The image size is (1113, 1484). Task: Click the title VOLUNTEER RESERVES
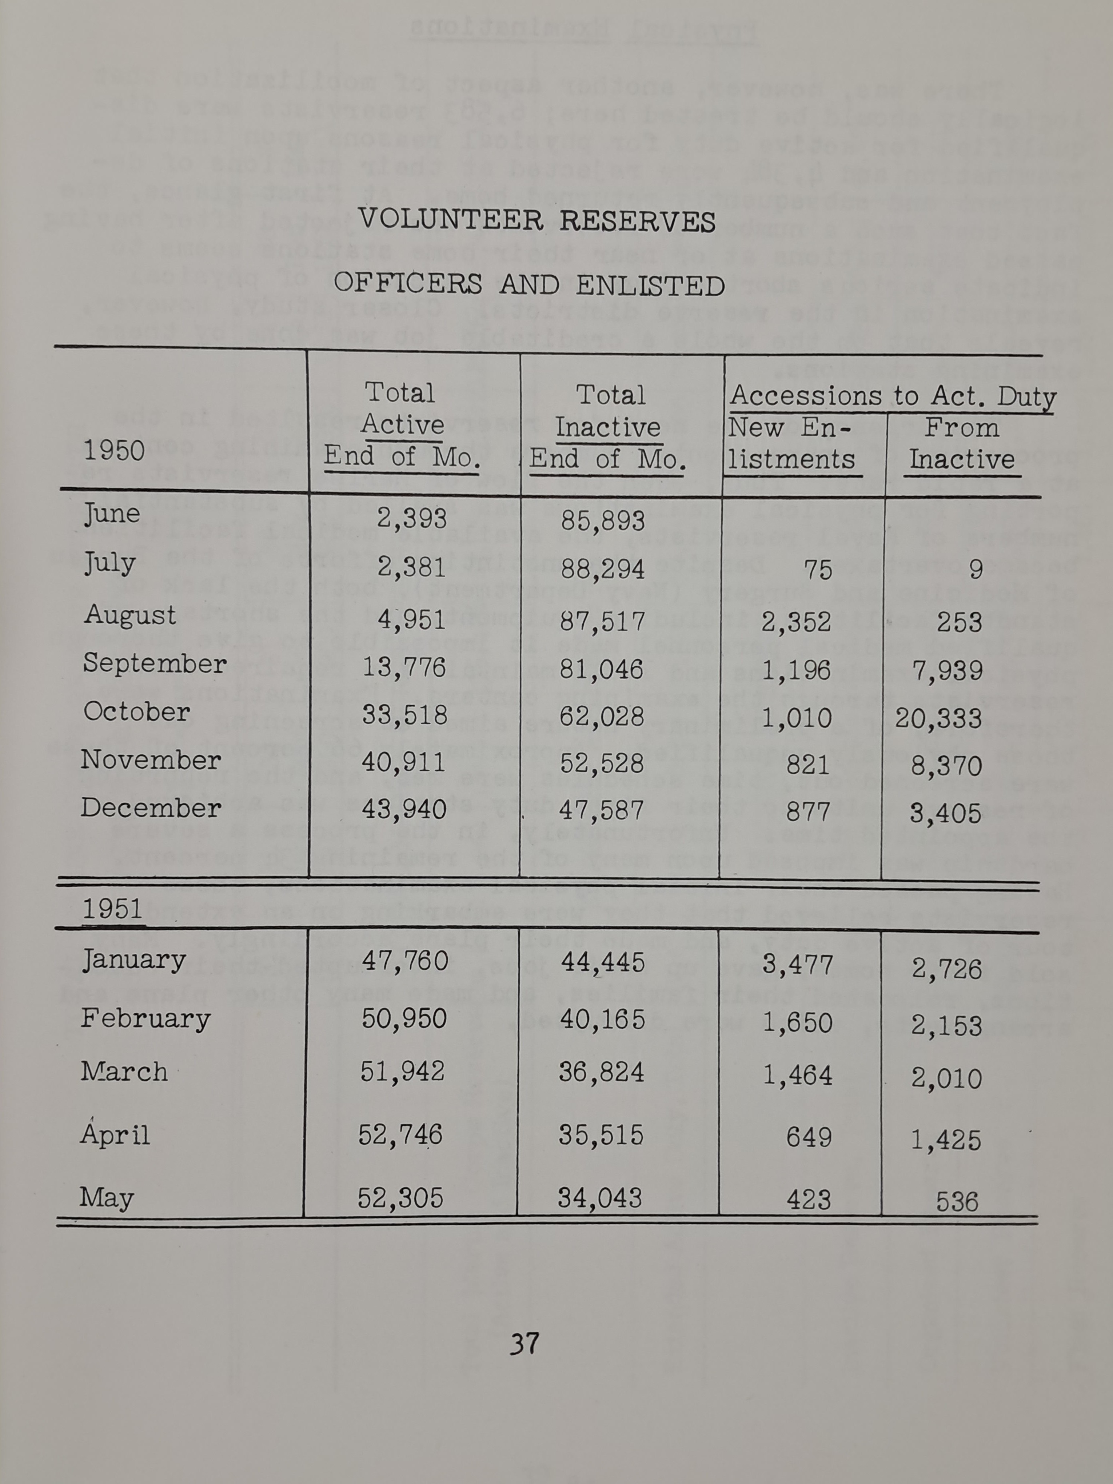pyautogui.click(x=537, y=221)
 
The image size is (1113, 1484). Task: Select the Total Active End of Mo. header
pyautogui.click(x=403, y=425)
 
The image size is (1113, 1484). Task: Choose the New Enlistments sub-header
pyautogui.click(x=791, y=443)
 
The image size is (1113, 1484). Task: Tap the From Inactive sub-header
pyautogui.click(x=961, y=443)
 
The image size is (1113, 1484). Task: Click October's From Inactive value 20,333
pyautogui.click(x=938, y=718)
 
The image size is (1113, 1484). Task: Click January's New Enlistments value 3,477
pyautogui.click(x=798, y=965)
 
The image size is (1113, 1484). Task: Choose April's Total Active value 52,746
pyautogui.click(x=400, y=1134)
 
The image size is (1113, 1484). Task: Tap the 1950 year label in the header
pyautogui.click(x=114, y=451)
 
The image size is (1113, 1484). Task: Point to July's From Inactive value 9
pyautogui.click(x=976, y=570)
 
